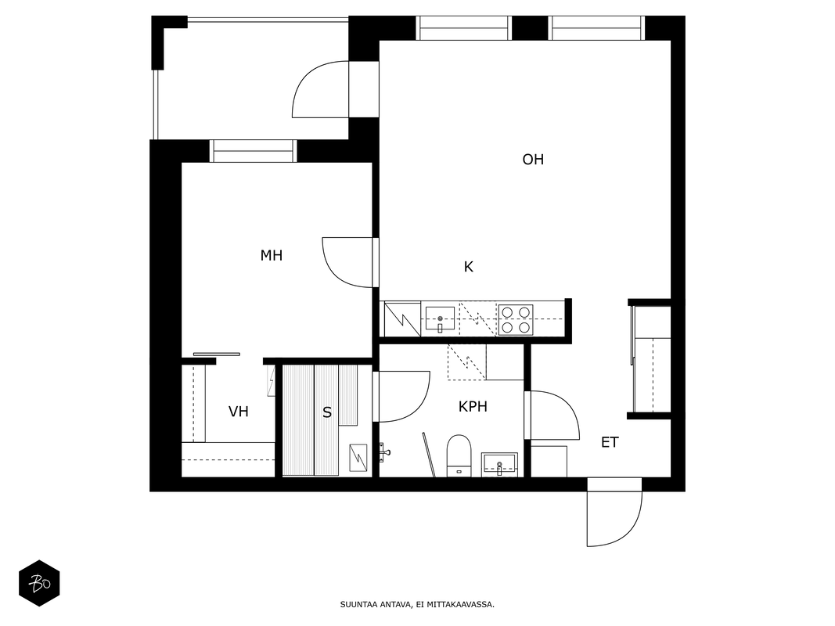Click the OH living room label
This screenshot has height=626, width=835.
click(533, 160)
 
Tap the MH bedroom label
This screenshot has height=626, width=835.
click(271, 256)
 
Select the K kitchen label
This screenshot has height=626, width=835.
click(469, 267)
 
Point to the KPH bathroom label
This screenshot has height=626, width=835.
click(473, 407)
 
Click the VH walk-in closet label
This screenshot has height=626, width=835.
click(239, 412)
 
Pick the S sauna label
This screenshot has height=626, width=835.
click(327, 412)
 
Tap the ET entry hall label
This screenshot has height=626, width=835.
click(610, 442)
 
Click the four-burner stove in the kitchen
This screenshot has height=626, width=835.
click(516, 319)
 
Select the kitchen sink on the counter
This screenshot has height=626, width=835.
click(440, 319)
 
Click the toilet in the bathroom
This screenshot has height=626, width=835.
click(459, 455)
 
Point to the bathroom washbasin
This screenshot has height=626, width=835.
click(499, 464)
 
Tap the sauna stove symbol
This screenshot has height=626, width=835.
click(358, 458)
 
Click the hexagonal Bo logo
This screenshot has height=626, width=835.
click(39, 584)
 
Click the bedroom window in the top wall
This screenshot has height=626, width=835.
click(253, 151)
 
